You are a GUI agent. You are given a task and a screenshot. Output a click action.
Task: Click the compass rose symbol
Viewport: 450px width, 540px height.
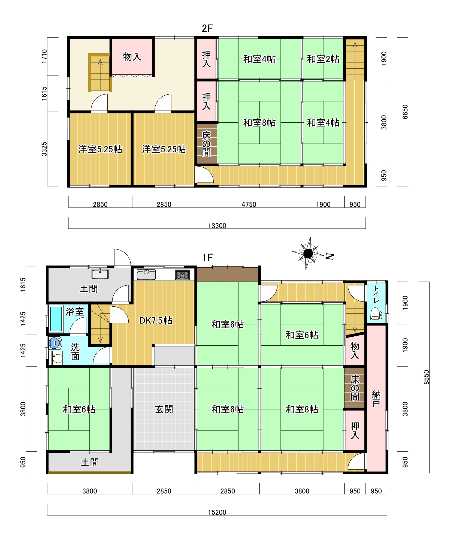[x=308, y=254]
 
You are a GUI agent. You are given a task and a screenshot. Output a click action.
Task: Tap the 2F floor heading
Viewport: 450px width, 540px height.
[x=207, y=28]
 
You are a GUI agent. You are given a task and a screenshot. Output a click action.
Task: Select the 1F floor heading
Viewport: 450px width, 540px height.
[x=207, y=257]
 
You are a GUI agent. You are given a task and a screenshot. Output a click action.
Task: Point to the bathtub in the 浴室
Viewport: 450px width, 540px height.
[x=56, y=319]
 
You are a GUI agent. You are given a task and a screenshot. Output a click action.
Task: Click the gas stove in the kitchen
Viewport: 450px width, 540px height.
[x=182, y=274]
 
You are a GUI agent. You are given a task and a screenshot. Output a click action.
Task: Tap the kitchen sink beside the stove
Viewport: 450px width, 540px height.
[x=146, y=274]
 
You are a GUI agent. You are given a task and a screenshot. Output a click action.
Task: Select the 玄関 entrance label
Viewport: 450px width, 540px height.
[x=164, y=409]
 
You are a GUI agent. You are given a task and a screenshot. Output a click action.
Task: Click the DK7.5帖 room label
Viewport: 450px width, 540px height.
[x=156, y=321]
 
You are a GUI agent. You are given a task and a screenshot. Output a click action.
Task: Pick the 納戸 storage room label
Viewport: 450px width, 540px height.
[x=376, y=399]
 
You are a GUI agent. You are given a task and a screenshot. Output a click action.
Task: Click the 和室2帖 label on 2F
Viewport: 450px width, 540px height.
[x=323, y=59]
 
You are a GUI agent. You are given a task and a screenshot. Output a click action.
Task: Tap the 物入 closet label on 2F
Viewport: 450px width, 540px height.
[x=132, y=57]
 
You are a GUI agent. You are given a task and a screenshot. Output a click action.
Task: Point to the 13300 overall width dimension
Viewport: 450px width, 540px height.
[x=217, y=226]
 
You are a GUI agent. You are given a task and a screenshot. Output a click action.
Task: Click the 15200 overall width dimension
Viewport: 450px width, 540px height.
[x=217, y=512]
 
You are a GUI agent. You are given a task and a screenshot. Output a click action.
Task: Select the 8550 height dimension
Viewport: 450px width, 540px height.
[x=427, y=377]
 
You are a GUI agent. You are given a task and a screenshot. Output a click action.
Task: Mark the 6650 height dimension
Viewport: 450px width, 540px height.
[x=405, y=112]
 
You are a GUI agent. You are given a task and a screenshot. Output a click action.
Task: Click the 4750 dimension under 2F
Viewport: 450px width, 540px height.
[x=249, y=204]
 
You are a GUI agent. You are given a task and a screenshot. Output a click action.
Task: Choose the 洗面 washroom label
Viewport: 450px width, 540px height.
[x=75, y=352]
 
